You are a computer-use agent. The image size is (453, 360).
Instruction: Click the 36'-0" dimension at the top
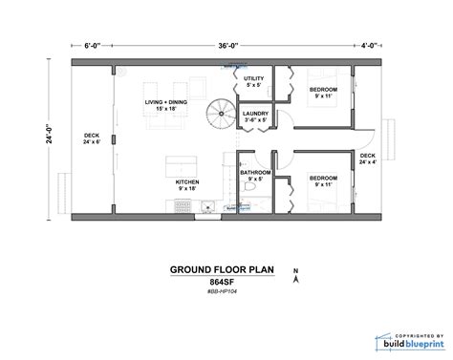pos(227,44)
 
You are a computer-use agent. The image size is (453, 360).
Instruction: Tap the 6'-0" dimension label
pos(92,44)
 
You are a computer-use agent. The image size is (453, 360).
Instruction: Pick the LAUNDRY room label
pos(253,116)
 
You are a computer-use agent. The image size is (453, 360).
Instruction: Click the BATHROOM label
pos(253,176)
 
